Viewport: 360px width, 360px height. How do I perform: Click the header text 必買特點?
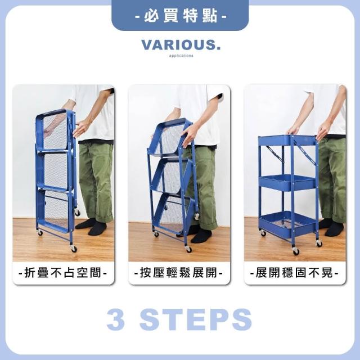(x=181, y=16)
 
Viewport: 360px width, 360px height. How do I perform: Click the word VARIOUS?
(x=181, y=45)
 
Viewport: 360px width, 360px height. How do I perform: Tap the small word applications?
(x=181, y=56)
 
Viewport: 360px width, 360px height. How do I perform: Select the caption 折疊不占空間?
(x=62, y=273)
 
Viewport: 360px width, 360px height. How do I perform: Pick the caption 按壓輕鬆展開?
(x=178, y=273)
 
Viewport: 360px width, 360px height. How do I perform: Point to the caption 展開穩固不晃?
(x=294, y=273)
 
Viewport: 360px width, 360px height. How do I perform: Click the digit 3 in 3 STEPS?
(x=116, y=319)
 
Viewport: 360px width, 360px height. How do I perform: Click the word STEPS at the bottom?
(x=196, y=319)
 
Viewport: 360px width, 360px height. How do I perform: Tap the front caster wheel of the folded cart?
(x=74, y=249)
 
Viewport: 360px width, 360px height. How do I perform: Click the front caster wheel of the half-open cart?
(x=189, y=249)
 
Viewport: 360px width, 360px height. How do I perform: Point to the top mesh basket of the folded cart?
(x=54, y=130)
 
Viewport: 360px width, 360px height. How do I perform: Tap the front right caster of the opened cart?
(x=319, y=243)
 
